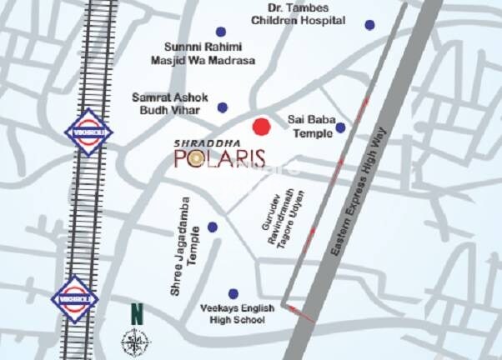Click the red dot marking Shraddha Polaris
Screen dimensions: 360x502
pyautogui.click(x=262, y=127)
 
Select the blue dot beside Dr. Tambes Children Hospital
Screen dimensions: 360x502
pyautogui.click(x=369, y=25)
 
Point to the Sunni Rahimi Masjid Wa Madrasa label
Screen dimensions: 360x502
pyautogui.click(x=209, y=53)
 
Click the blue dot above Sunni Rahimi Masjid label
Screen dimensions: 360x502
pyautogui.click(x=220, y=31)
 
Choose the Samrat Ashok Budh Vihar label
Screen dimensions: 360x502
pyautogui.click(x=169, y=103)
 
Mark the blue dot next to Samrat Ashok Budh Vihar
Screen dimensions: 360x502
pyautogui.click(x=223, y=107)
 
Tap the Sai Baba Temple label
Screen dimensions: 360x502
pyautogui.click(x=309, y=127)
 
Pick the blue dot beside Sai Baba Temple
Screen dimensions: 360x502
pyautogui.click(x=340, y=127)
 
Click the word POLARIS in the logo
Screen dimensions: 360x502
pyautogui.click(x=219, y=157)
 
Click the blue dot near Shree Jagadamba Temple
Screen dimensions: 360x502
pyautogui.click(x=213, y=227)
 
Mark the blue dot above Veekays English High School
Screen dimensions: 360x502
pyautogui.click(x=233, y=293)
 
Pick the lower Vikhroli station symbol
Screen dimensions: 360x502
pyautogui.click(x=74, y=297)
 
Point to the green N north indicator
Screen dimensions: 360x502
pyautogui.click(x=136, y=316)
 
